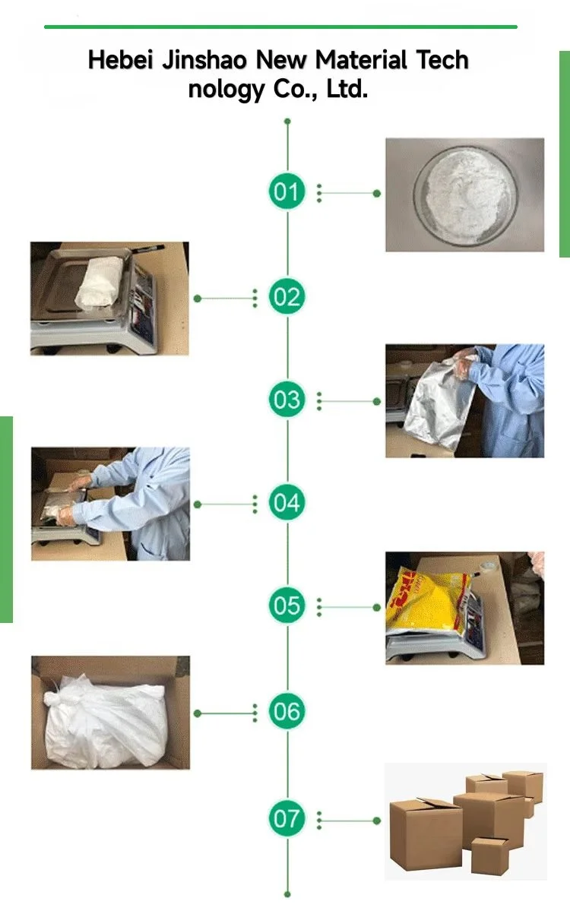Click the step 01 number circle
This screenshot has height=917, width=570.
(287, 191)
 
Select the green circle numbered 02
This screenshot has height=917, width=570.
(287, 296)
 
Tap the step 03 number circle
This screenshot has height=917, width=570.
(287, 399)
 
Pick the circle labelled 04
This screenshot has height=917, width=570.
(287, 502)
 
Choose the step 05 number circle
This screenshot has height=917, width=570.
(287, 605)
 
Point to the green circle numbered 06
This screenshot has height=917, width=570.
(287, 711)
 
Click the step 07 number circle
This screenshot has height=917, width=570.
(287, 817)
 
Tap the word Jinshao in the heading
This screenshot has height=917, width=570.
(204, 60)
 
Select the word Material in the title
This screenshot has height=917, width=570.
(360, 60)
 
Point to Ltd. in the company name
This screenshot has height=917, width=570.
(347, 89)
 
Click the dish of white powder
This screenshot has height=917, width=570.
(466, 196)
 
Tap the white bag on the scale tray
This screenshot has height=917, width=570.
(100, 282)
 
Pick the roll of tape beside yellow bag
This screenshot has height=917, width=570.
(489, 568)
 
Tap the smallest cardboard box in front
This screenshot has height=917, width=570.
(489, 855)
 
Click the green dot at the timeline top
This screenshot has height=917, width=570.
(287, 121)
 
